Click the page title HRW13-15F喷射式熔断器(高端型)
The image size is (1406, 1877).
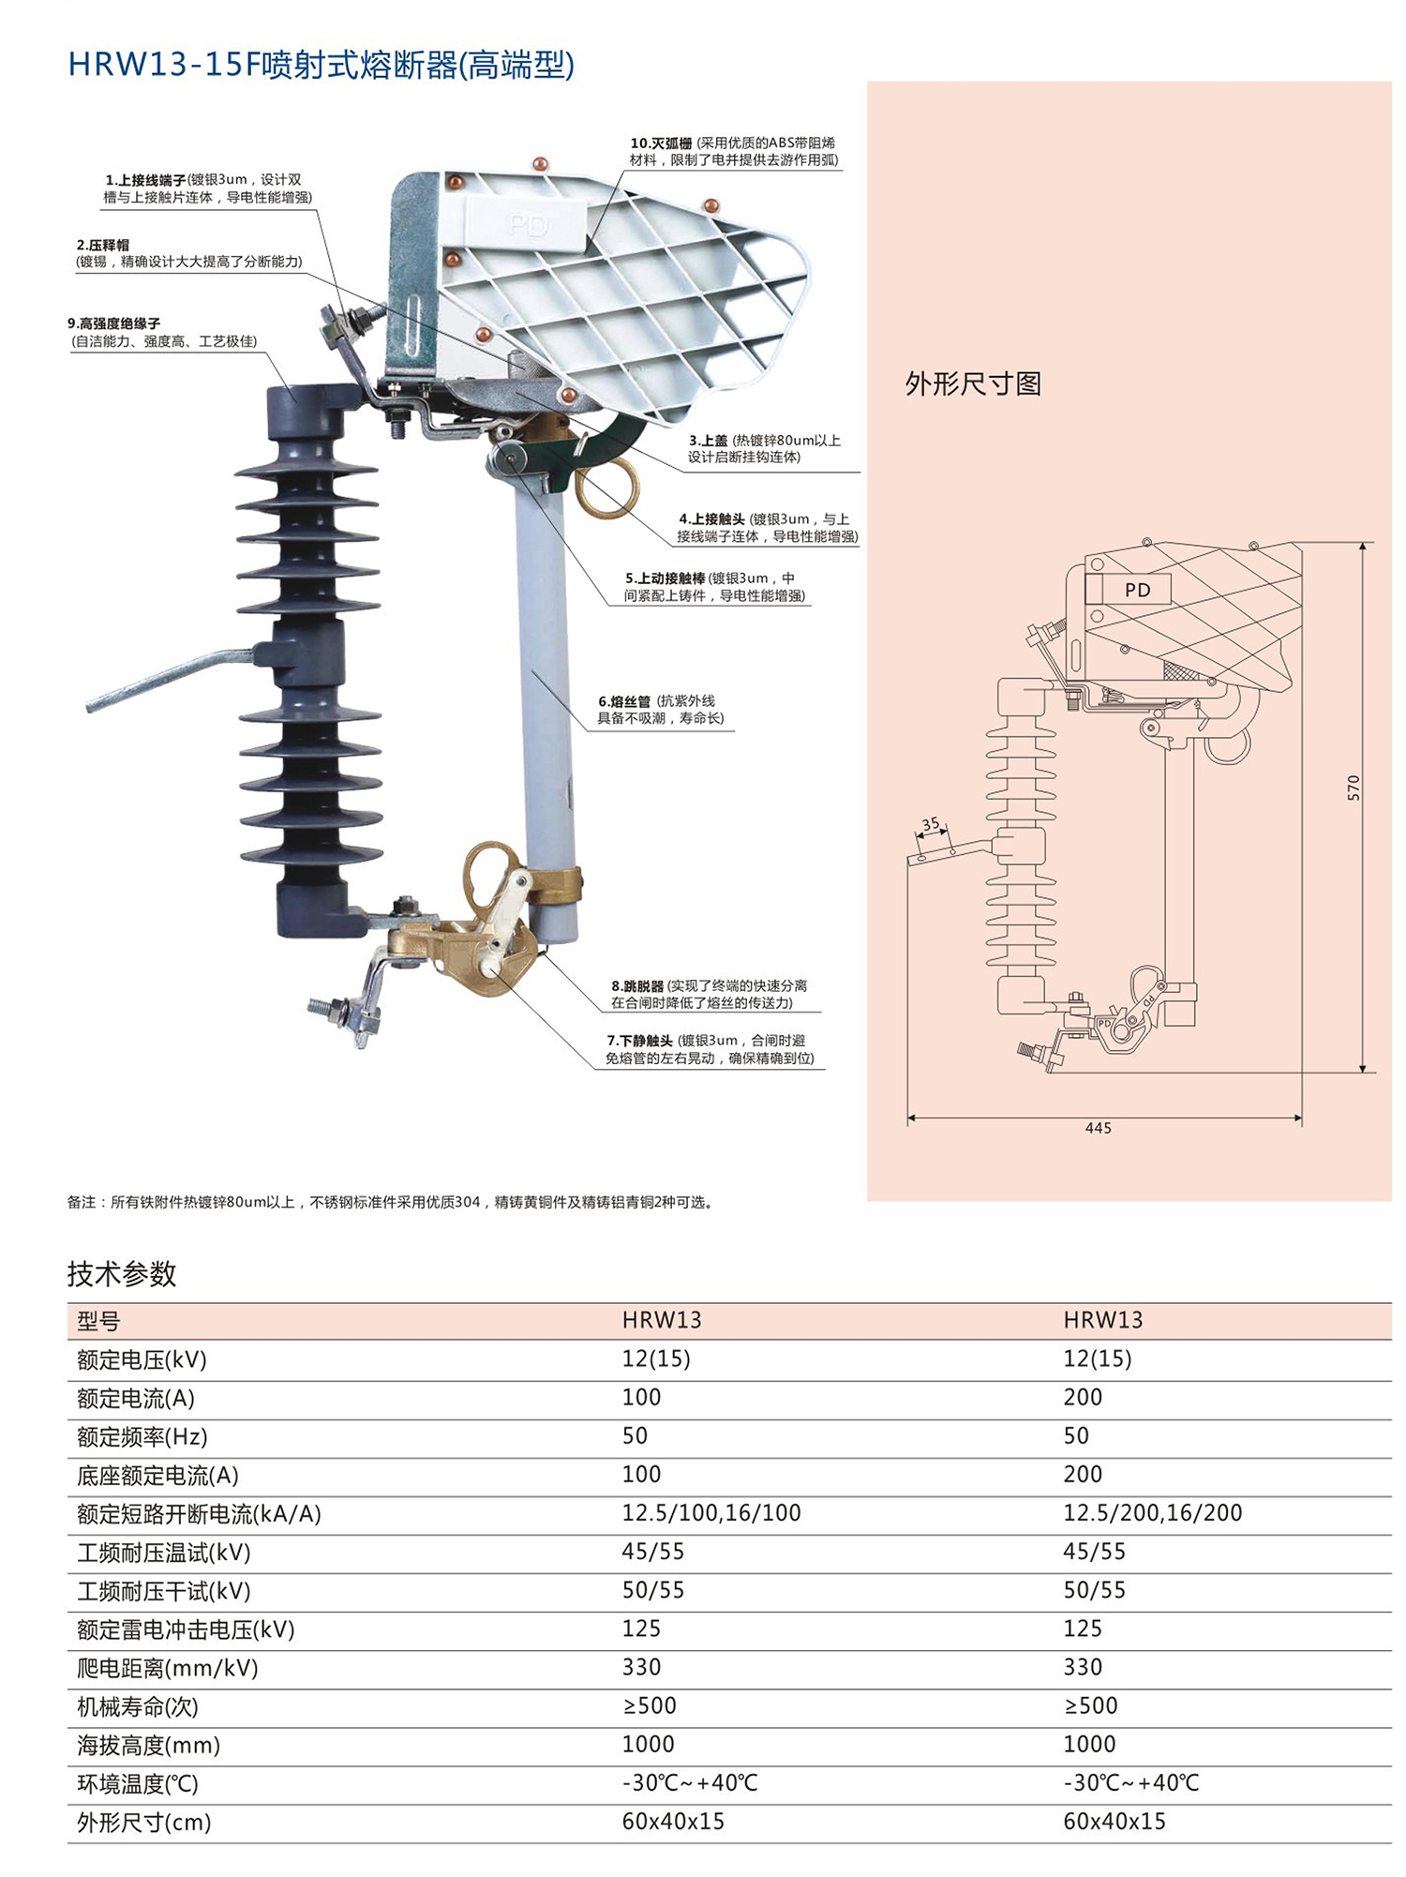click(x=322, y=65)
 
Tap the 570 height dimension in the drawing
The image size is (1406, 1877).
click(x=1353, y=788)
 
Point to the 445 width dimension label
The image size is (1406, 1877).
click(x=1098, y=1128)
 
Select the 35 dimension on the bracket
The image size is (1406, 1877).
click(x=930, y=824)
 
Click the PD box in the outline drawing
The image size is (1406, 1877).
click(x=1137, y=590)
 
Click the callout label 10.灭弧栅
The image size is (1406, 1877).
click(x=661, y=143)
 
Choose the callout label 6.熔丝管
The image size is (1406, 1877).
click(x=624, y=701)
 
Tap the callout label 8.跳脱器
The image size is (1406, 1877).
click(x=637, y=985)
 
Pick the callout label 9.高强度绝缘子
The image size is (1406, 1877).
click(x=113, y=323)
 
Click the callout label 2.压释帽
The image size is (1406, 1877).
click(x=103, y=245)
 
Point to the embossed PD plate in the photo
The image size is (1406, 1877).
click(x=528, y=223)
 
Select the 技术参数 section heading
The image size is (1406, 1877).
click(x=122, y=1274)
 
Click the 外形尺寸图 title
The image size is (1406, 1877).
click(x=973, y=383)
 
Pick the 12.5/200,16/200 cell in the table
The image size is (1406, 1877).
click(x=1152, y=1512)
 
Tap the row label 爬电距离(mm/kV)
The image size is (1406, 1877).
click(x=168, y=1668)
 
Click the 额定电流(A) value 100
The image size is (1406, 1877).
click(x=641, y=1397)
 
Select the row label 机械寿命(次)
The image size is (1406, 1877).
click(x=138, y=1706)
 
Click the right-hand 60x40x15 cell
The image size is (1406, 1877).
click(x=1114, y=1822)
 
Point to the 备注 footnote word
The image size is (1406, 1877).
click(x=82, y=1202)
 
